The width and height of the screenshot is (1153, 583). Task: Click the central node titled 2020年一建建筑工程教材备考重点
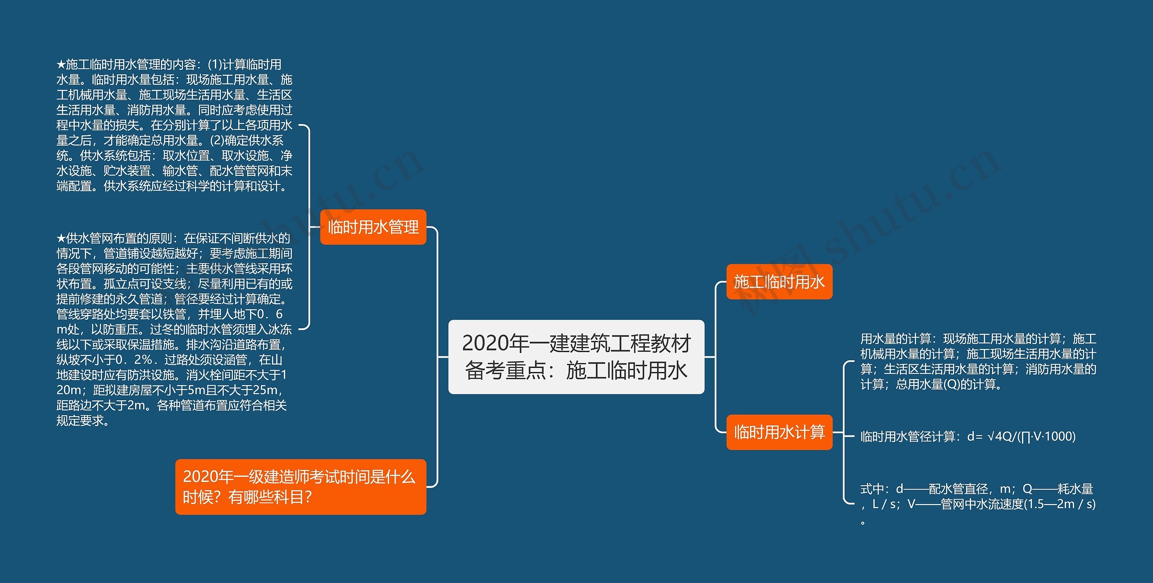[x=576, y=357]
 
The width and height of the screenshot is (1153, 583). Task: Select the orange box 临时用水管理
[x=373, y=227]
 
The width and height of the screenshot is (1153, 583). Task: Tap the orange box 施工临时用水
[x=779, y=282]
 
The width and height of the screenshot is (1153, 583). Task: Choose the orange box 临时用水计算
[x=779, y=432]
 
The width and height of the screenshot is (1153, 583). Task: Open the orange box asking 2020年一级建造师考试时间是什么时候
[x=300, y=487]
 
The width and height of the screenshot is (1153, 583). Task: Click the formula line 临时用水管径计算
[x=967, y=436]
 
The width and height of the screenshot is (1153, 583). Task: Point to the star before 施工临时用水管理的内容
[x=61, y=65]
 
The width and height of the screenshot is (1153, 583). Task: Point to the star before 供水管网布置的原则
[x=61, y=239]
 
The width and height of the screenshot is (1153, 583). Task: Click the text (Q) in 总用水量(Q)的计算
[x=951, y=385]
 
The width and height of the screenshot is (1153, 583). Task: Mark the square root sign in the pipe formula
[x=990, y=436]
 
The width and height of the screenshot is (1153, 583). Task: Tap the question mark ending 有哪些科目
[x=308, y=497]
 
